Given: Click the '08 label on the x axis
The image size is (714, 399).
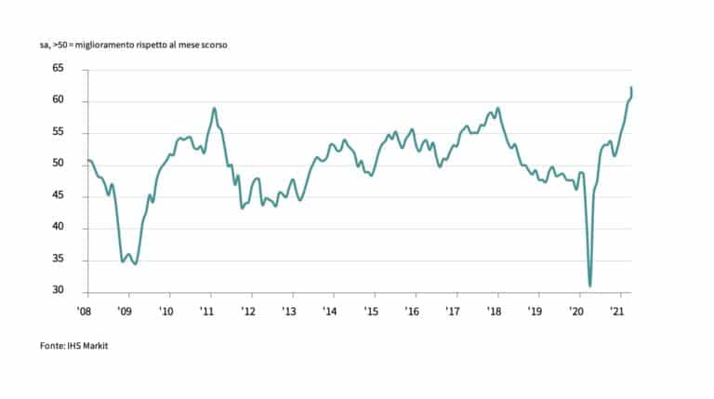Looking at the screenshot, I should click(84, 311).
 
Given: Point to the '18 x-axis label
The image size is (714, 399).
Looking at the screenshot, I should click(496, 311).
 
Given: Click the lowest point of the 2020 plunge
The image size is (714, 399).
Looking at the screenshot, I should click(590, 286).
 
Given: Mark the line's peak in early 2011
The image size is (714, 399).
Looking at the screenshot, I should click(215, 108).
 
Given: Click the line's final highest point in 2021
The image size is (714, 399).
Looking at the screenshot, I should click(632, 87).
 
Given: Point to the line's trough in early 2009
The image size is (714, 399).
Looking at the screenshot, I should click(136, 265).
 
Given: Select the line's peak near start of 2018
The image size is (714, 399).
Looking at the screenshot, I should click(498, 108).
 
